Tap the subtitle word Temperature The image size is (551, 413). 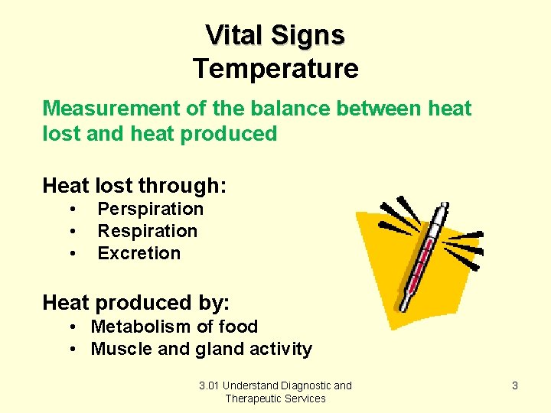[275, 69]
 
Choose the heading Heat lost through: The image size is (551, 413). [135, 185]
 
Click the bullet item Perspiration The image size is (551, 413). [150, 209]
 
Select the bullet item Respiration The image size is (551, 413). [147, 231]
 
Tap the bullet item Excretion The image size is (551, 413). [139, 253]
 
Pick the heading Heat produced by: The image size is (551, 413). [136, 303]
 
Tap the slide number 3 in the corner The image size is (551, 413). [514, 385]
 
